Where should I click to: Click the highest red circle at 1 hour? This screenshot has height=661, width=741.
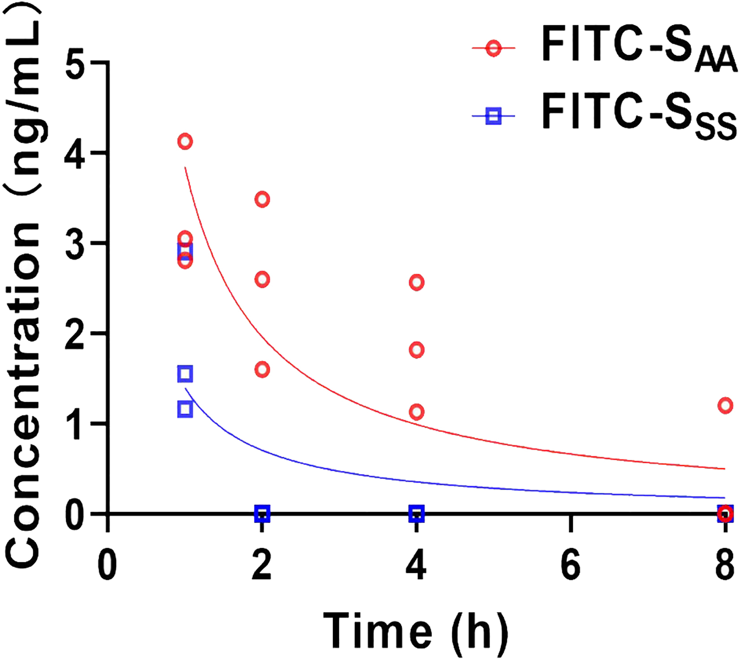(x=185, y=142)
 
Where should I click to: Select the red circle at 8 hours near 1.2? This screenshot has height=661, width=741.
(x=725, y=406)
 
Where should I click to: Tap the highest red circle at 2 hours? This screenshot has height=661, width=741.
(x=262, y=200)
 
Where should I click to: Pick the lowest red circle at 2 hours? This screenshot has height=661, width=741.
(x=262, y=370)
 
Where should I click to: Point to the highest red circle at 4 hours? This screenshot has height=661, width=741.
(x=417, y=283)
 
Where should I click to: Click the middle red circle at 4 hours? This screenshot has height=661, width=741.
(x=417, y=350)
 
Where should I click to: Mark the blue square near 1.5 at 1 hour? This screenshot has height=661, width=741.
(x=185, y=374)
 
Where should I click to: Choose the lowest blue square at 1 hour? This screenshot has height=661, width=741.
(x=185, y=409)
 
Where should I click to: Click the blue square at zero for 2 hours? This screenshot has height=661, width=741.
(x=262, y=513)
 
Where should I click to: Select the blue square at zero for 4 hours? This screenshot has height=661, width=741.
(x=417, y=513)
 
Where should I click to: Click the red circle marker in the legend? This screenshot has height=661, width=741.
(x=493, y=48)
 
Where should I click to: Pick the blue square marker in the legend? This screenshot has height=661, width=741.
(x=493, y=117)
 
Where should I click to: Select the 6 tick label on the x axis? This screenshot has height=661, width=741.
(x=571, y=566)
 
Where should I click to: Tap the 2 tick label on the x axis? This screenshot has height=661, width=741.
(x=262, y=566)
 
